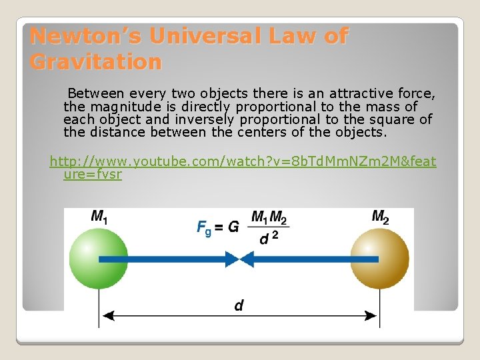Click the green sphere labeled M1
point(98,258)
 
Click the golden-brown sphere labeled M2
point(380,258)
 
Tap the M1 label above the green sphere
point(99,217)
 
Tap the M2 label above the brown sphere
point(381,217)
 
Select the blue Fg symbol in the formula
point(204,227)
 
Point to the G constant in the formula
point(233,227)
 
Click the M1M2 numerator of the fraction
point(269,218)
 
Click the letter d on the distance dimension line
point(239,306)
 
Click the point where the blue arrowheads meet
point(239,258)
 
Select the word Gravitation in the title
point(96,62)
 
